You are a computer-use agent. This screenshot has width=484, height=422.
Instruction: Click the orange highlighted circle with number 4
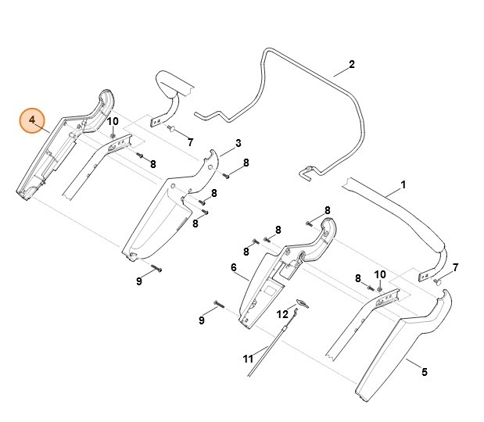point(32,120)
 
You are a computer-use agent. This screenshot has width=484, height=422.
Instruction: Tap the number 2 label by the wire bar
point(352,64)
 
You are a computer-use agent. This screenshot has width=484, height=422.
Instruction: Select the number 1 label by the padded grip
point(403,185)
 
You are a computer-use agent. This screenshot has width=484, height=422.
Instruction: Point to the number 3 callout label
point(238,144)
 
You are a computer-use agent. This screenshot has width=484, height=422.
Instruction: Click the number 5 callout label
point(425,372)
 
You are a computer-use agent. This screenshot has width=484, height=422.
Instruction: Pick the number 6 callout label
point(233,268)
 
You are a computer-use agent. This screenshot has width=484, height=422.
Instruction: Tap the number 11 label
point(248,359)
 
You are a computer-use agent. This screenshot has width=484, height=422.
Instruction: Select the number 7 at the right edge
point(456,267)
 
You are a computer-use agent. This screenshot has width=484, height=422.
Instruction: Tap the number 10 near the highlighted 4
point(113,121)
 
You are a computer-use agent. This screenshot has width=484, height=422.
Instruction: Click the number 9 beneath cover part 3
point(138,281)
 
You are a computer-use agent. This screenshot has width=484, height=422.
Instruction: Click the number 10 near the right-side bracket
point(380,274)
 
